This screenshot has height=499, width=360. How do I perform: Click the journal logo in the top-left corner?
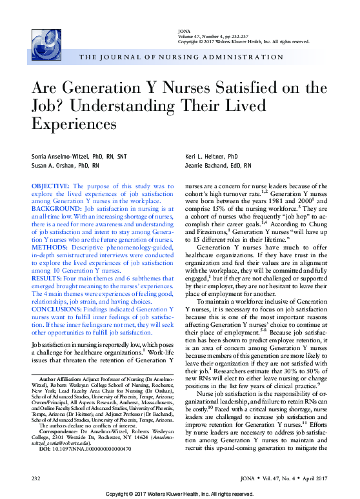[x=43, y=45]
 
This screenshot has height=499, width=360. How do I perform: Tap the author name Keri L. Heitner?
[x=212, y=157]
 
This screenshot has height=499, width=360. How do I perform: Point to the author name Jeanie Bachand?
[x=216, y=166]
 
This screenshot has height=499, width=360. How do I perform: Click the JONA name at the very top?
[x=183, y=31]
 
